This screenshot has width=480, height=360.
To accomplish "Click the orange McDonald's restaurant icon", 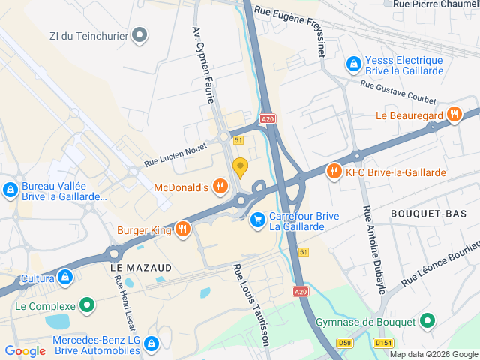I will (220, 186).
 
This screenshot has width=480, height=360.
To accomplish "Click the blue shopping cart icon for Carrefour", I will (257, 220).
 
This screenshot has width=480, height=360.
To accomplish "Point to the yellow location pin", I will (240, 166).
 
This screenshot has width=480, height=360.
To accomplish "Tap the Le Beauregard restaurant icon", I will (453, 115).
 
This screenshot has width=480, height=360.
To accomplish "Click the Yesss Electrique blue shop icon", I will (353, 65).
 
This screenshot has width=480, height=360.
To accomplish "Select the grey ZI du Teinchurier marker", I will (140, 34).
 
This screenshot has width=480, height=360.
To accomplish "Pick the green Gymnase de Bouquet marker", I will (427, 322).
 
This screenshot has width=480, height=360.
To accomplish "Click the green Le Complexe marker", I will (88, 306).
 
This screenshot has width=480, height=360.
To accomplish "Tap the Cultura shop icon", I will (66, 277).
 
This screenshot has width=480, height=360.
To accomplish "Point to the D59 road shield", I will (344, 343).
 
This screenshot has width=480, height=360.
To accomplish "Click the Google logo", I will (25, 350).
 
